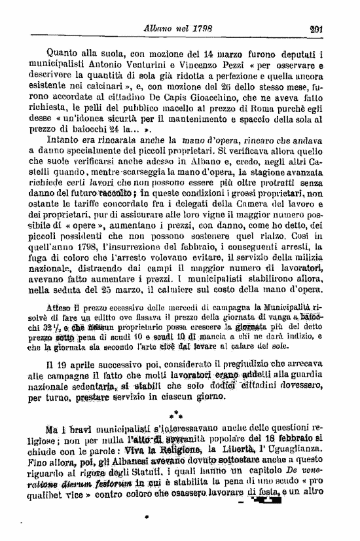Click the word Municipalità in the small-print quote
click(x=287, y=307)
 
